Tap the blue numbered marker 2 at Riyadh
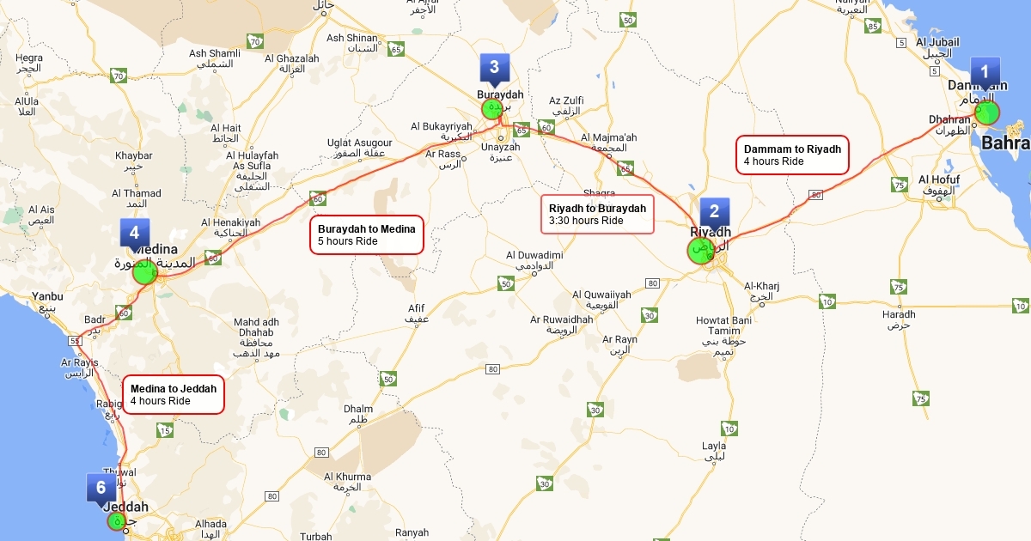(x=714, y=212)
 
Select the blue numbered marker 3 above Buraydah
(x=494, y=67)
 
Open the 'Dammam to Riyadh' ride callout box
(x=796, y=155)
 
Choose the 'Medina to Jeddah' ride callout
(x=174, y=394)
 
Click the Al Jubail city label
(x=937, y=47)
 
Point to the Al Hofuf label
(x=938, y=185)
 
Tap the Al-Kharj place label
(x=761, y=292)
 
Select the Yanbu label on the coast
(x=47, y=301)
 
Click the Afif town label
(x=416, y=313)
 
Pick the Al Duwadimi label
(x=534, y=260)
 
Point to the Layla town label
(x=714, y=451)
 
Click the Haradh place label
(x=899, y=319)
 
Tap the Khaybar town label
(x=133, y=161)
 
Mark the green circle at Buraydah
(x=491, y=109)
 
